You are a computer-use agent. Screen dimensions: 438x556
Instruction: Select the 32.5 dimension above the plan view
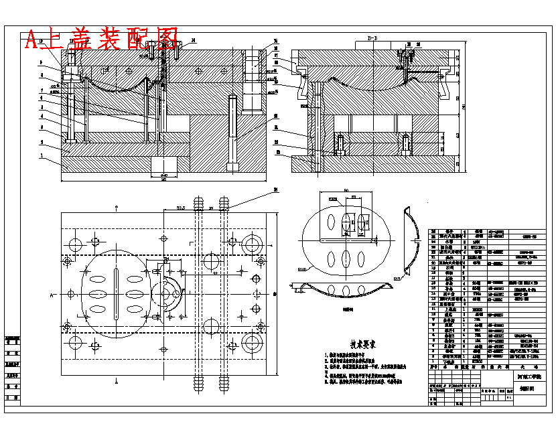point(181,208)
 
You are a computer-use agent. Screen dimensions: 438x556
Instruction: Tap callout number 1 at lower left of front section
point(42,155)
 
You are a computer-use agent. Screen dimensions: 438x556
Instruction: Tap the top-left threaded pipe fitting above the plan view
point(198,204)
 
